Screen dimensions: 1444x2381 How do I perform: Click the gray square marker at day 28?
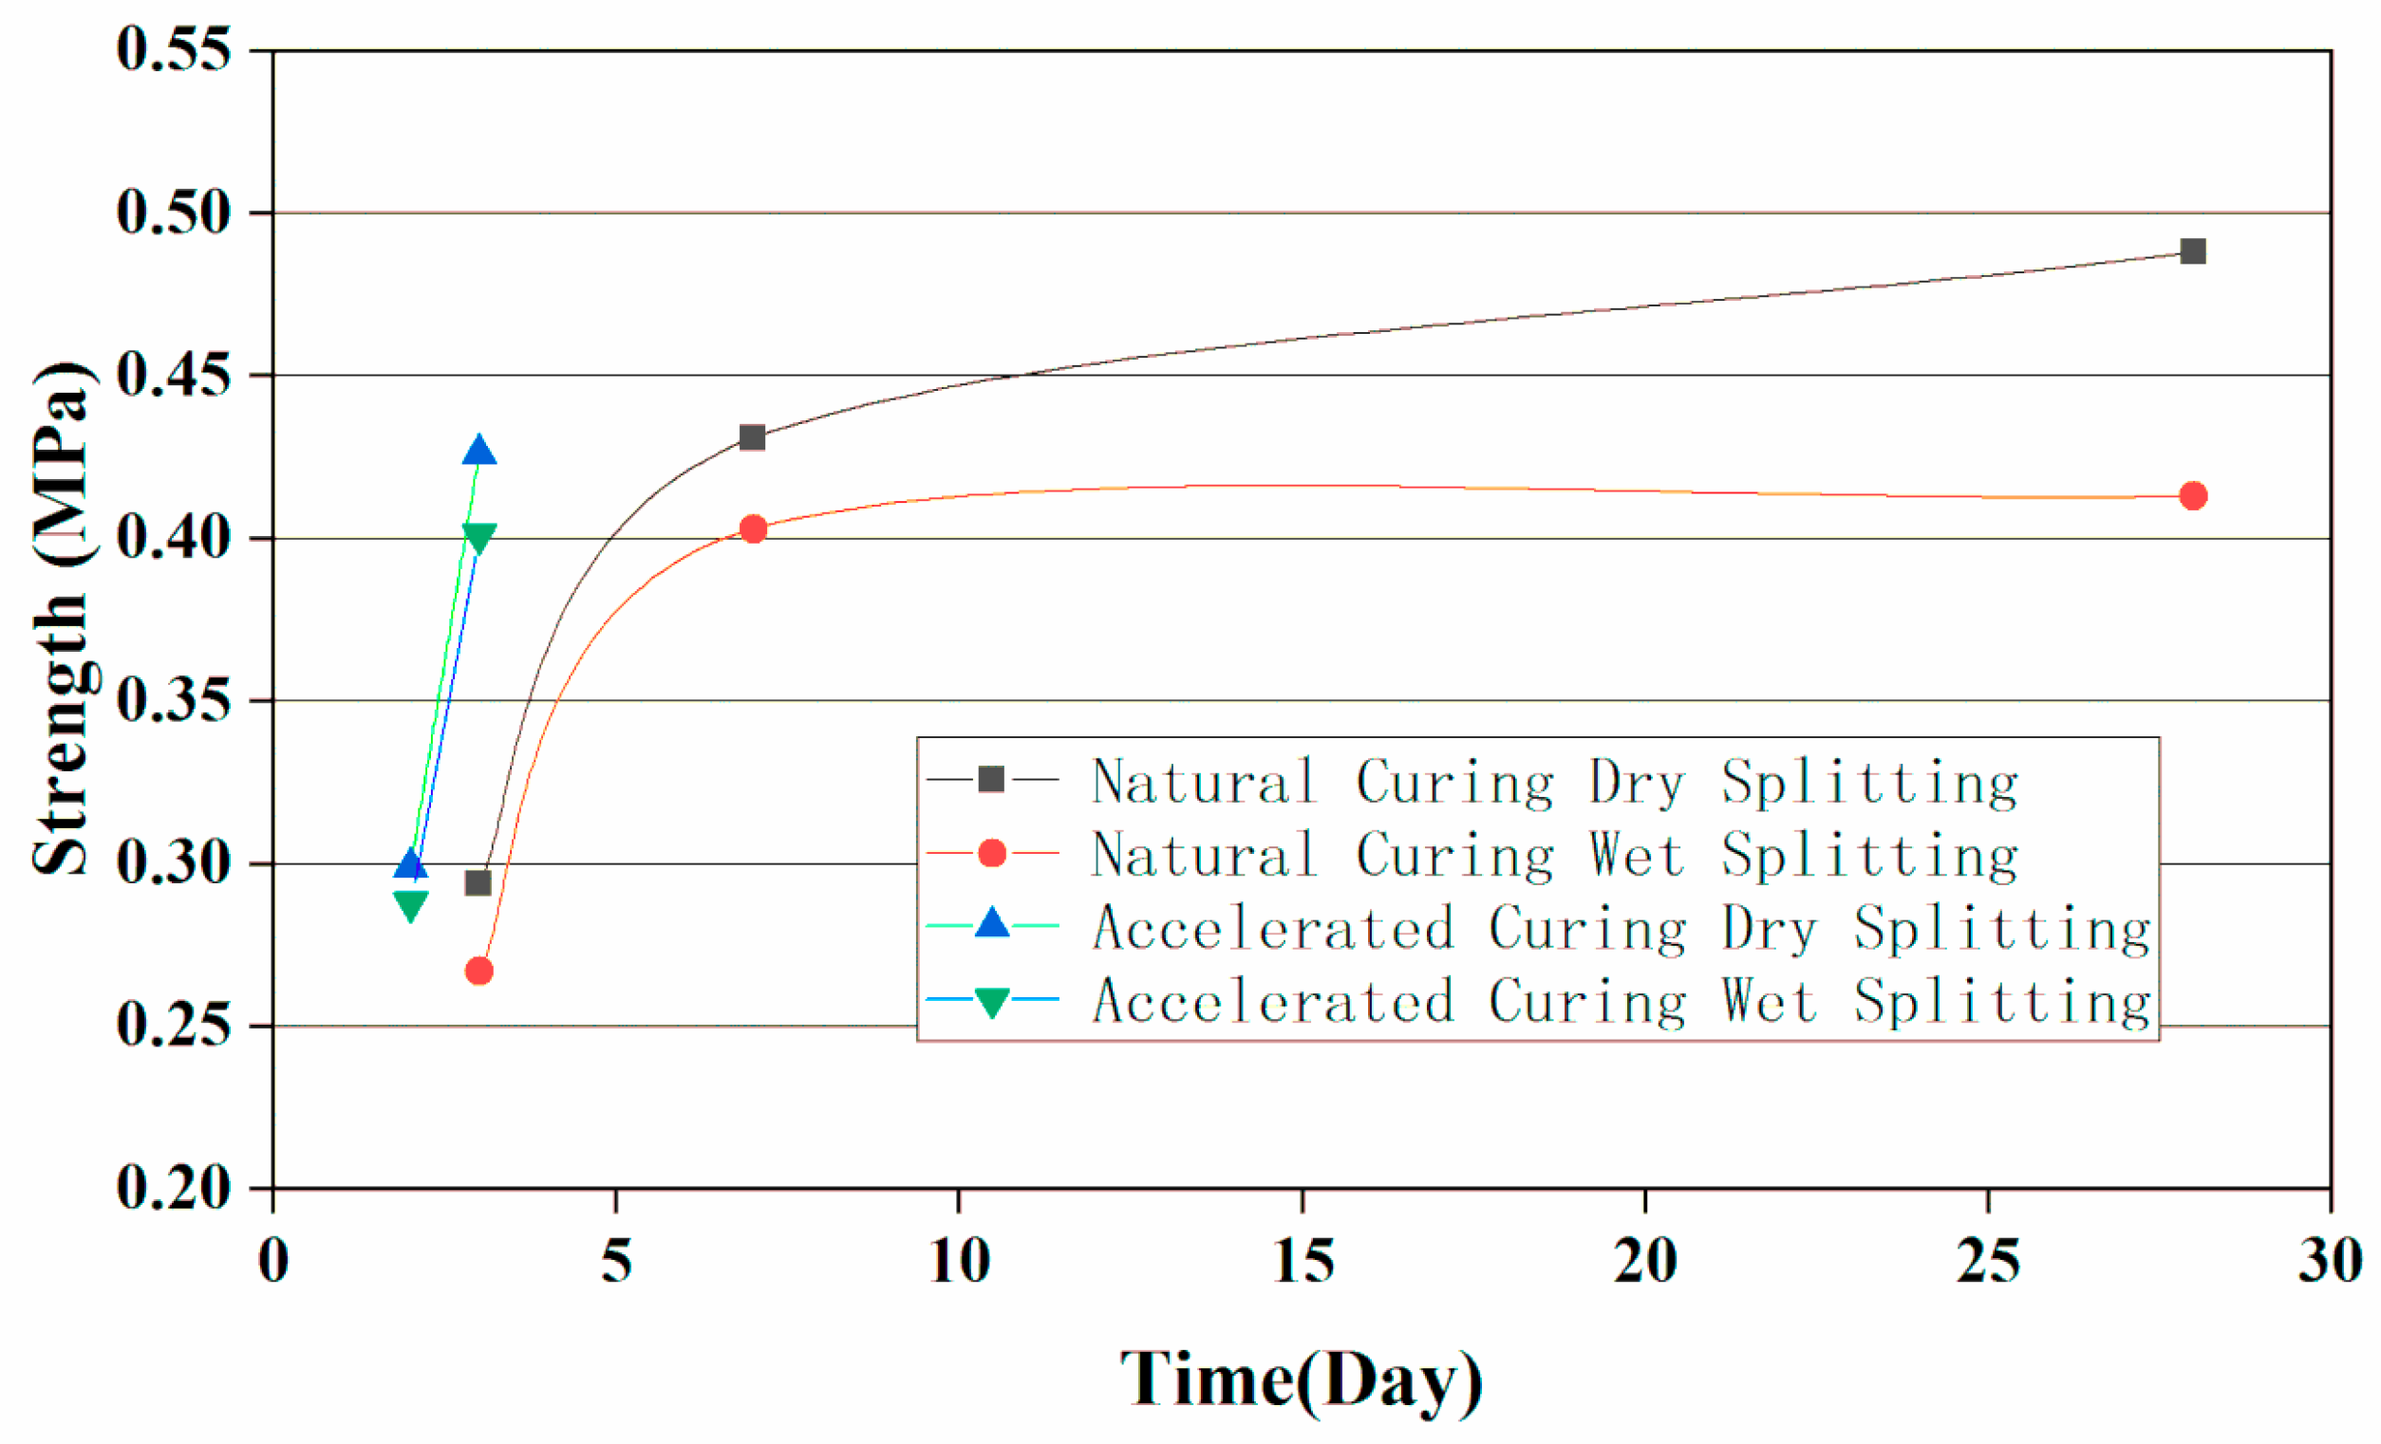coord(2193,252)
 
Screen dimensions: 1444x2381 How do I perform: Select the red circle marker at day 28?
coord(2193,496)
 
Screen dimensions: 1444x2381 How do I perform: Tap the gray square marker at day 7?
coord(752,437)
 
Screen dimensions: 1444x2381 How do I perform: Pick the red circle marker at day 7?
coord(753,528)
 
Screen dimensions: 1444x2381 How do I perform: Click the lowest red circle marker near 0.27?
coord(479,971)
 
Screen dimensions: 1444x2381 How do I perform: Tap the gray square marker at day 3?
coord(478,883)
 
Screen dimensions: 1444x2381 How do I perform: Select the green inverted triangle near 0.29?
coord(411,905)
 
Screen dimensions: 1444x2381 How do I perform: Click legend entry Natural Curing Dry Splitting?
coord(1554,782)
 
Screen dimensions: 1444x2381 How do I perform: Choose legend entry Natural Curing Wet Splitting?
coord(1554,855)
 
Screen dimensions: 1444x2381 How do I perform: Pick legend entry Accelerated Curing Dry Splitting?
coord(1621,928)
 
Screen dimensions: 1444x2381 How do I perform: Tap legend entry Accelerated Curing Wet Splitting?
coord(1621,1002)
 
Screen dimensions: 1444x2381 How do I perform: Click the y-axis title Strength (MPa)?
coord(63,619)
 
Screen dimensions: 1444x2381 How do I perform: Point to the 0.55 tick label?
coord(174,48)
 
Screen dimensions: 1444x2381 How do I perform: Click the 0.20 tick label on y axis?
coord(174,1187)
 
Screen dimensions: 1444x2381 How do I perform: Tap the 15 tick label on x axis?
coord(1303,1261)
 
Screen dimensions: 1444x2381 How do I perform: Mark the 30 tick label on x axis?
coord(2330,1261)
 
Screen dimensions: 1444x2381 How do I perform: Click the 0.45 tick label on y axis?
coord(174,375)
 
